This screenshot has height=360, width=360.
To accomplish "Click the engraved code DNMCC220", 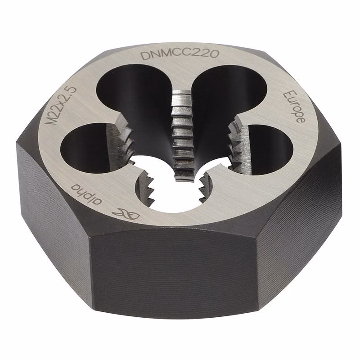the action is point(180,55).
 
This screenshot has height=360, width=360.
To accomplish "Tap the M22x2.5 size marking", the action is point(60,105).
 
